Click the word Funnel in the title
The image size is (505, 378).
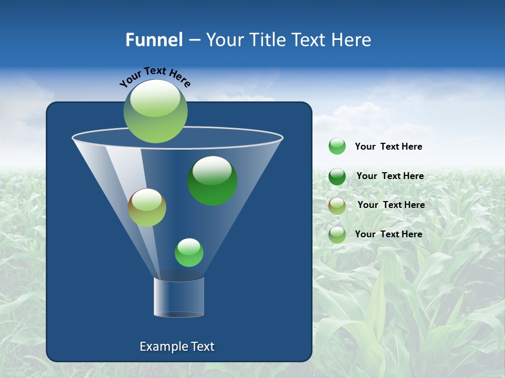tap(154, 40)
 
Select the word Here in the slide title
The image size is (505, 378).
tap(352, 40)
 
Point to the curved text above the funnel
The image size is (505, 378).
tap(155, 77)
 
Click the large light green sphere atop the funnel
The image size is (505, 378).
tap(156, 111)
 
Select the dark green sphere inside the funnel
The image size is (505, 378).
tap(213, 181)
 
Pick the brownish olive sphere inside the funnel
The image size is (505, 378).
tap(147, 207)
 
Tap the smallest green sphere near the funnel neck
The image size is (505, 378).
tap(189, 253)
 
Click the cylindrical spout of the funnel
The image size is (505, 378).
tap(179, 297)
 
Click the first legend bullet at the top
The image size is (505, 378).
tap(337, 146)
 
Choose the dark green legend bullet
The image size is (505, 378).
tap(337, 176)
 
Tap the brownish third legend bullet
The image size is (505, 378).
tap(337, 206)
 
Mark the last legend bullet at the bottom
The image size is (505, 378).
tap(337, 235)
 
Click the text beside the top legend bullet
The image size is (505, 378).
tap(388, 146)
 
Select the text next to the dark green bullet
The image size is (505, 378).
tap(390, 176)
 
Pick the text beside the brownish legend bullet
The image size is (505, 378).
tap(391, 205)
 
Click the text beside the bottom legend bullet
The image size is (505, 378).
tap(388, 234)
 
